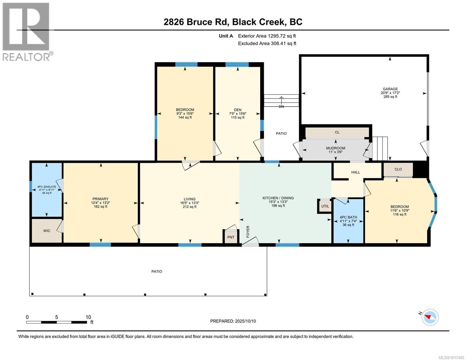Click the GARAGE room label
click(390, 89)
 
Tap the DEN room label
click(238, 110)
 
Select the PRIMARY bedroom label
click(100, 199)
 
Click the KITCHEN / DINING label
click(278, 198)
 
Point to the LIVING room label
click(189, 199)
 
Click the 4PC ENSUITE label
click(47, 187)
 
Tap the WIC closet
click(47, 231)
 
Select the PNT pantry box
click(230, 237)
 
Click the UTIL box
click(325, 206)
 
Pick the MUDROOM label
click(335, 148)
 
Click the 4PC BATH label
click(348, 217)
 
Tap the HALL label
click(356, 172)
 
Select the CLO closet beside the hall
click(398, 169)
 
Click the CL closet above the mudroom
click(337, 132)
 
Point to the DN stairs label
click(281, 106)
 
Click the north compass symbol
click(430, 317)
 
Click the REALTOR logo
click(27, 31)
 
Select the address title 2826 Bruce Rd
click(233, 22)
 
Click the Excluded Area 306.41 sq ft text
click(267, 43)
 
